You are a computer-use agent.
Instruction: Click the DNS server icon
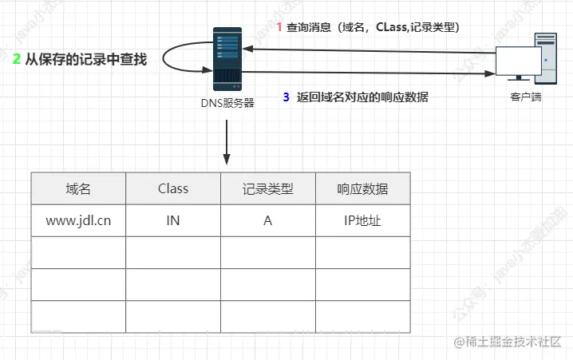227,58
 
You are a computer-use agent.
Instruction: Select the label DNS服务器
227,103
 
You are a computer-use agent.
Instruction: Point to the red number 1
279,27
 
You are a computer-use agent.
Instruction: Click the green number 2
16,58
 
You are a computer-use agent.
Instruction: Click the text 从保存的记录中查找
86,59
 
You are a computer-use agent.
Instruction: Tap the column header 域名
78,188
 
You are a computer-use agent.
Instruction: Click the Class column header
173,188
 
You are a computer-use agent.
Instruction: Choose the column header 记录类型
268,188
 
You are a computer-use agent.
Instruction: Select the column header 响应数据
363,188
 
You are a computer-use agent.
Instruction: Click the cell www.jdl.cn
78,220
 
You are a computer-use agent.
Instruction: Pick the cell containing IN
173,220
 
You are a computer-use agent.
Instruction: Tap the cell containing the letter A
268,220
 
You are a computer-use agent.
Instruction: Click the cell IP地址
363,220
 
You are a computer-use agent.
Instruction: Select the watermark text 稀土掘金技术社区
511,342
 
